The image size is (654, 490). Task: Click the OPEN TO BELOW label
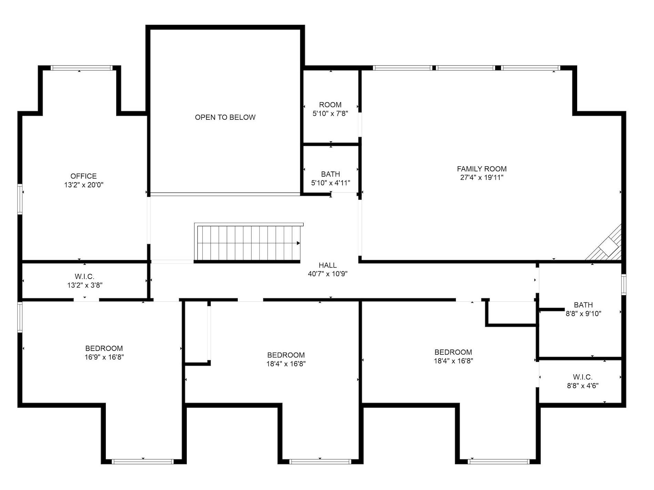click(x=225, y=117)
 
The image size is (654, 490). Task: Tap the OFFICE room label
click(x=83, y=176)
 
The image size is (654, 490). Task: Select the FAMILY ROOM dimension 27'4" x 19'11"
click(x=482, y=178)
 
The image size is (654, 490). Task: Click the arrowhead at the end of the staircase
click(x=298, y=243)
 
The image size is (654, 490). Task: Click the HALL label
click(x=327, y=265)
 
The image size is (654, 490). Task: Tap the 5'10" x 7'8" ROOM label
click(x=330, y=105)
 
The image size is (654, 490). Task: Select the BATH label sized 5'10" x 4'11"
click(x=330, y=174)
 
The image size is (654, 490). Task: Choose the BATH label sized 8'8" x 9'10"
click(x=583, y=305)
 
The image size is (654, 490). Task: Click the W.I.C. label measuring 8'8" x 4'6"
click(x=583, y=377)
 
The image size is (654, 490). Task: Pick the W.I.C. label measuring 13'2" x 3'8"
click(x=84, y=277)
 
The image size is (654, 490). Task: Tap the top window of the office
click(x=82, y=68)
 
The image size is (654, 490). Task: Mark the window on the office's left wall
click(x=20, y=199)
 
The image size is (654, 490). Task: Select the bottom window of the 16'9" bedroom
click(x=143, y=461)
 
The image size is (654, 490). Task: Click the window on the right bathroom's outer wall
click(x=624, y=284)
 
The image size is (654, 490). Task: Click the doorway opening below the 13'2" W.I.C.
click(x=86, y=300)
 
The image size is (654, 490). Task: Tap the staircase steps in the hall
click(x=246, y=243)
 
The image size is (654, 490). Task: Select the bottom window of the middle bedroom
click(x=320, y=461)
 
